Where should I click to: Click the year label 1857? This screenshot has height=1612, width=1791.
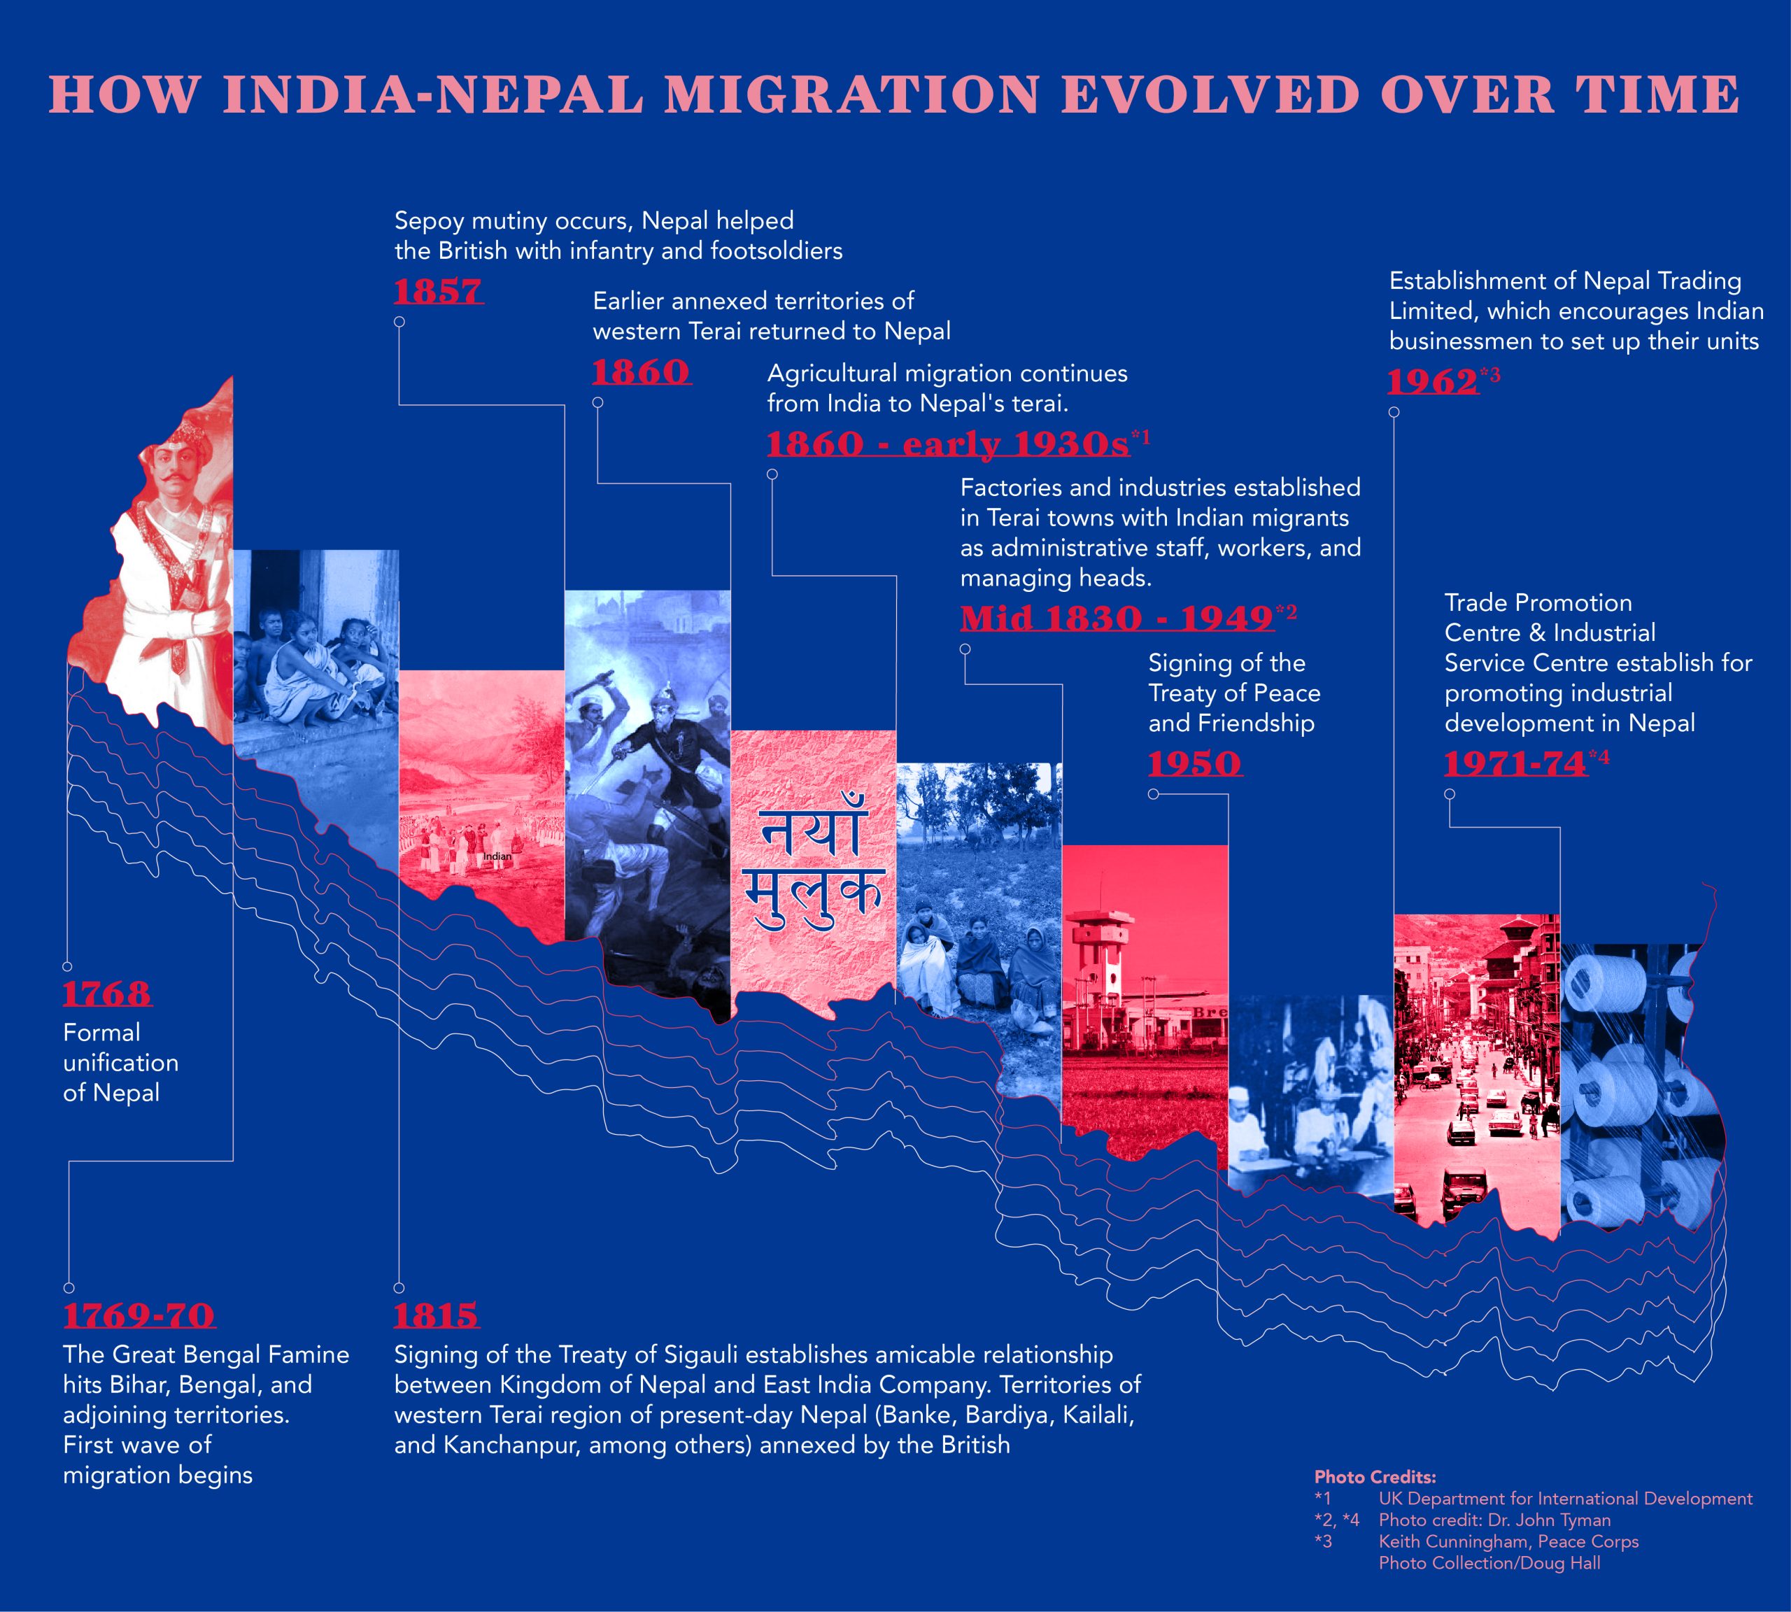pyautogui.click(x=439, y=291)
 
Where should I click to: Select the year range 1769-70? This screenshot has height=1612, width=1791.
pyautogui.click(x=139, y=1315)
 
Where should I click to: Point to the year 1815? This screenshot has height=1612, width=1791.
pyautogui.click(x=437, y=1315)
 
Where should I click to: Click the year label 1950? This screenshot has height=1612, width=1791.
pyautogui.click(x=1195, y=763)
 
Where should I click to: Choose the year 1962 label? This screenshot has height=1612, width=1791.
pyautogui.click(x=1432, y=382)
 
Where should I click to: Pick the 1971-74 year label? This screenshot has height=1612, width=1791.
pyautogui.click(x=1515, y=763)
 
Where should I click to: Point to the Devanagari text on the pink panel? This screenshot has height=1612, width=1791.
pyautogui.click(x=812, y=863)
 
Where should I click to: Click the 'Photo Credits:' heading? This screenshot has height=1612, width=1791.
pyautogui.click(x=1375, y=1478)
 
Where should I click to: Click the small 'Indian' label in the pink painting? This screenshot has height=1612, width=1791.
pyautogui.click(x=498, y=856)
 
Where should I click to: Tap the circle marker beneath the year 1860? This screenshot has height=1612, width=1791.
pyautogui.click(x=598, y=402)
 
